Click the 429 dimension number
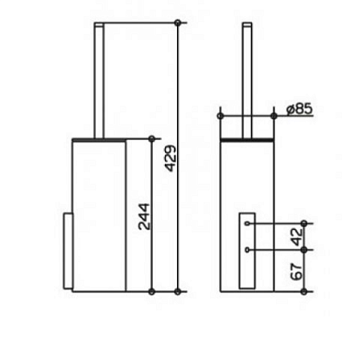pos(171,158)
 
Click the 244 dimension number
pos(144,217)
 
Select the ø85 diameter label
pos(299,110)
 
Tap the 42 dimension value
pos(297,237)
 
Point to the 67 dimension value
pos(297,271)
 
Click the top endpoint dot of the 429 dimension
pos(177,23)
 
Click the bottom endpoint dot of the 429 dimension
pos(177,292)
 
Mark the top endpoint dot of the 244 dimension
pos(151,139)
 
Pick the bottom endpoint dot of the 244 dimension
pos(151,292)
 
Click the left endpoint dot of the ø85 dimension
pos(220,116)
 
